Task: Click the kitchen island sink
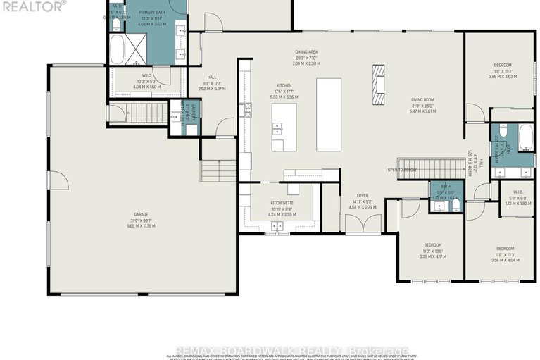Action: point(277,130)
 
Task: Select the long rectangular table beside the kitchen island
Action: point(329,115)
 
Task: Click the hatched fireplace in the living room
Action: point(379,78)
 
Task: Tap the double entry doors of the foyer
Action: point(362,223)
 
